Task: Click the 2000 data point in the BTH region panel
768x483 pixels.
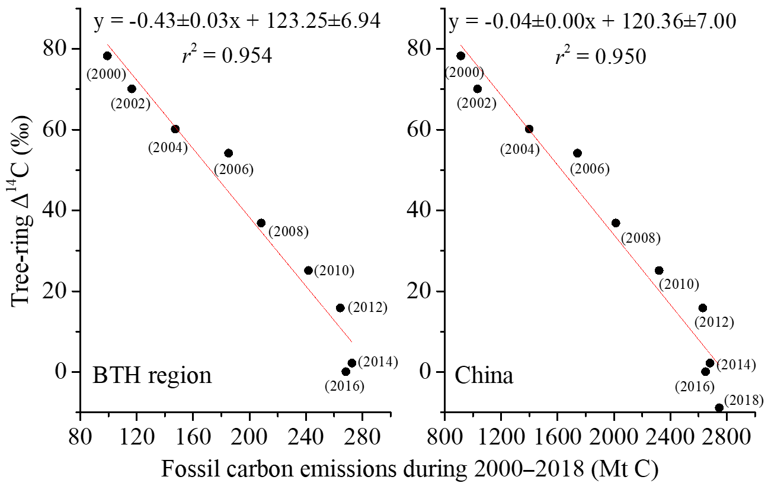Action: coord(107,56)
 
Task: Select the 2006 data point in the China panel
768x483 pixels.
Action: coord(577,153)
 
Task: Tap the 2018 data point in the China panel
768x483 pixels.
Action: coord(719,407)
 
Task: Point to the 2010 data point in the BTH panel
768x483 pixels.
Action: coord(308,271)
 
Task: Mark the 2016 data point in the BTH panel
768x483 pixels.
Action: coord(345,372)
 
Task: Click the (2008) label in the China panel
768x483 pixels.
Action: coord(640,239)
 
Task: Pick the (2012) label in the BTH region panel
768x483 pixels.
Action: coord(367,308)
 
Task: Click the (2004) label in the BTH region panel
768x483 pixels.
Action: coord(168,147)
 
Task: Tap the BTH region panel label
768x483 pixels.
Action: coord(152,376)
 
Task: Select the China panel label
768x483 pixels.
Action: coord(484,376)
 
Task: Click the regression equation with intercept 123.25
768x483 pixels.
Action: coord(237,22)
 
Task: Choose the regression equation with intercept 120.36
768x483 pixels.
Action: coord(593,22)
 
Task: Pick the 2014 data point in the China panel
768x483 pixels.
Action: coord(710,363)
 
